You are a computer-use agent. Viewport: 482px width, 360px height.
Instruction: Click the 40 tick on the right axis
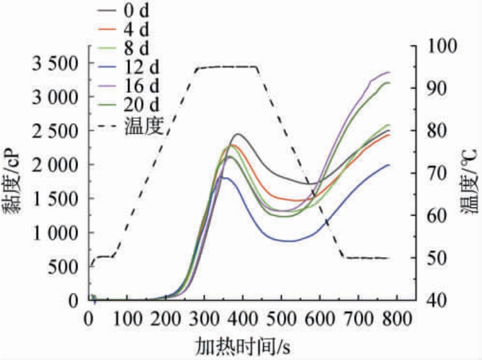[x=435, y=300]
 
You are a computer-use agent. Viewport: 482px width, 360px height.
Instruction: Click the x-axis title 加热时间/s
[x=244, y=345]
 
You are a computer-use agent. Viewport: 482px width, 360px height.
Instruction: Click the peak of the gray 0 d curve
[x=238, y=134]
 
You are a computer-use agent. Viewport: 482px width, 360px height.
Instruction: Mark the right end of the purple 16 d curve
[x=390, y=73]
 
